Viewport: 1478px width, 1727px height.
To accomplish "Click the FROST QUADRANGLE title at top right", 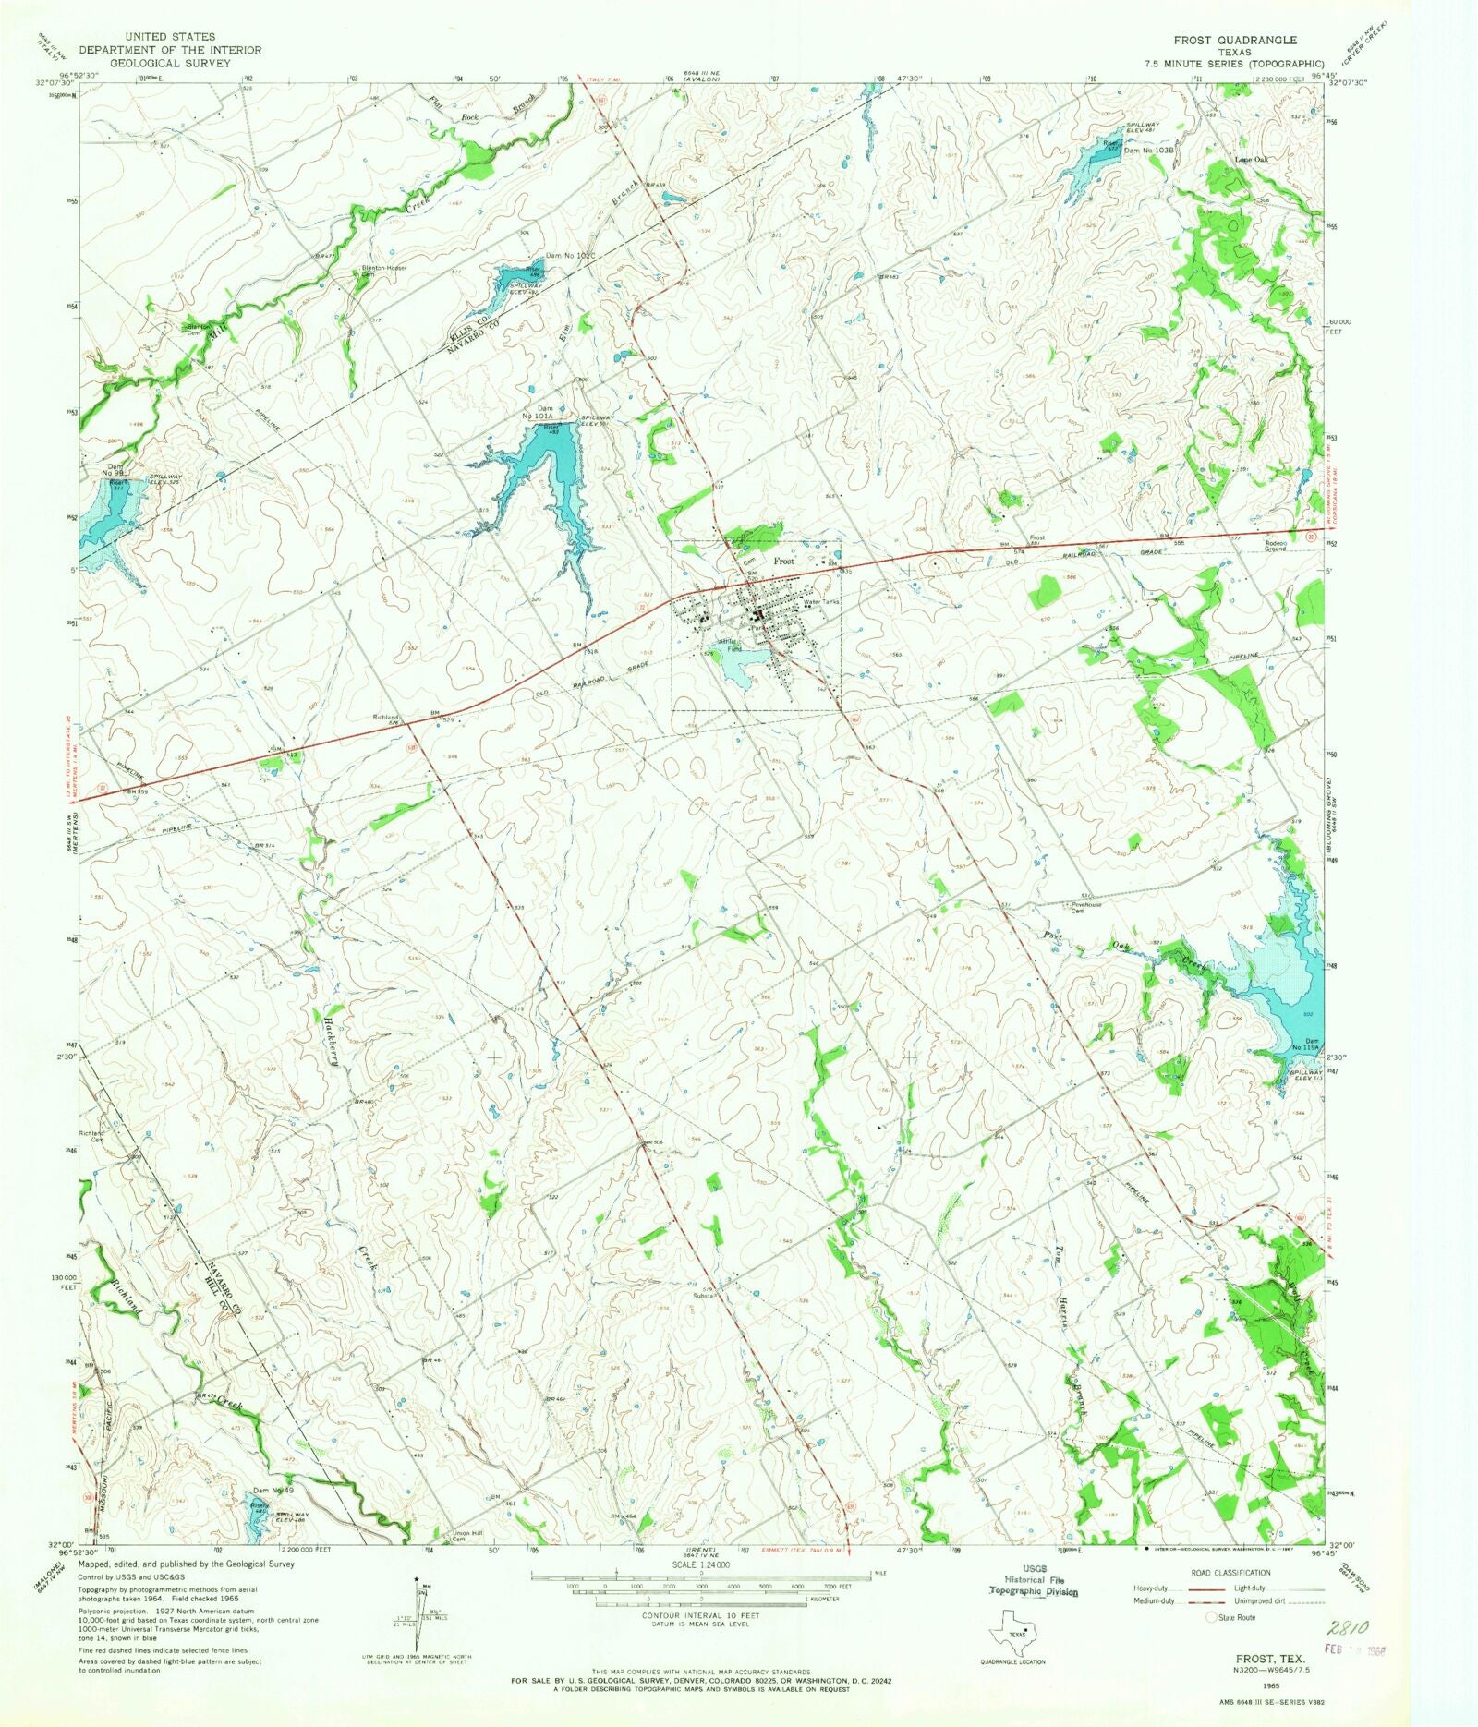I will pos(1235,40).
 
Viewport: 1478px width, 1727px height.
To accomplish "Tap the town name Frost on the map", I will pos(783,561).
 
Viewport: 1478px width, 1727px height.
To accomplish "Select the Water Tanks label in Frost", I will pos(821,602).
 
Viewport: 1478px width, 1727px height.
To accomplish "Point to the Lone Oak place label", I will pos(1252,159).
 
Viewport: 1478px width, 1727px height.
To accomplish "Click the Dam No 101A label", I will pos(545,412).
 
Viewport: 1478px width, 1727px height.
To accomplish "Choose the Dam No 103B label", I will pos(1148,150).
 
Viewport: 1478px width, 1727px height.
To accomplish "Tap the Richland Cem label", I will pos(93,1136).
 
